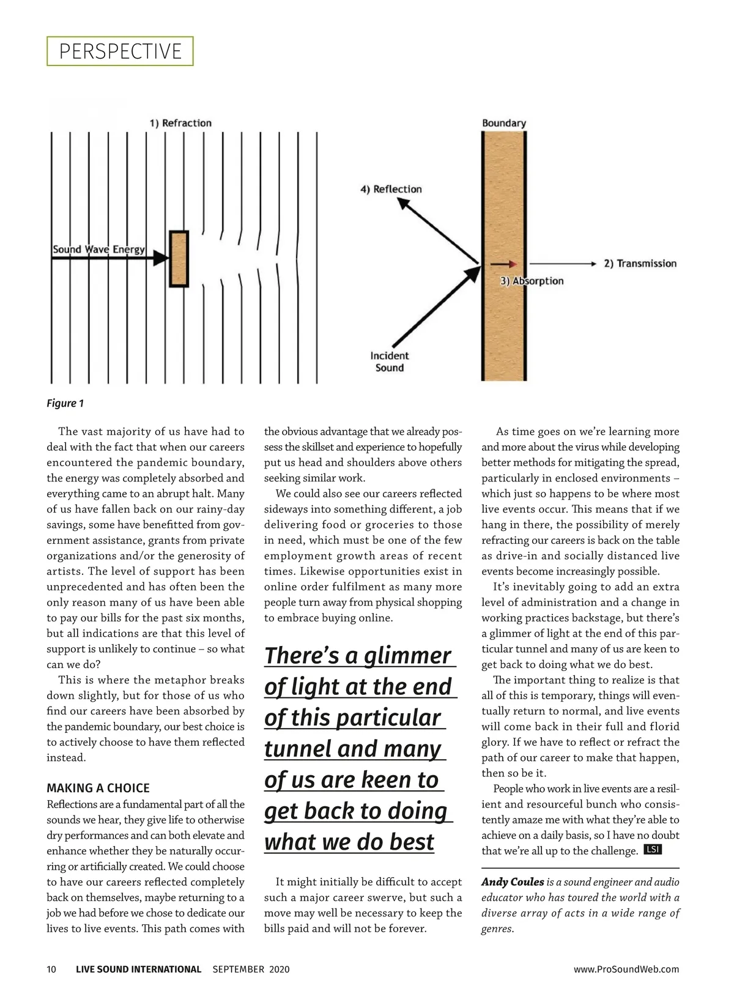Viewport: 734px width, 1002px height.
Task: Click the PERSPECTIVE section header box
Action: coord(120,51)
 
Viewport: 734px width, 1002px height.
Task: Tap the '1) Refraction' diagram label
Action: coord(180,123)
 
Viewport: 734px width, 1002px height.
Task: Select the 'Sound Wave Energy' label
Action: coord(98,249)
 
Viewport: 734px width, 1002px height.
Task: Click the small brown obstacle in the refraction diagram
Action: coord(179,259)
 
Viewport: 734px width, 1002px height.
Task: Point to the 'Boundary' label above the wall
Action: coord(503,123)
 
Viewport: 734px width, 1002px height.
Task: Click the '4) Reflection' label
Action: coord(391,189)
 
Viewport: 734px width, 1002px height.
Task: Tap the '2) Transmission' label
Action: coord(640,264)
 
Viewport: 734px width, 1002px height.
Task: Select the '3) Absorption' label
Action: coord(532,281)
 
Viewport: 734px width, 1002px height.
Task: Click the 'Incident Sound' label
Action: coord(390,362)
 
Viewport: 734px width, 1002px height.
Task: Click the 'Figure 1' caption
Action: coord(65,403)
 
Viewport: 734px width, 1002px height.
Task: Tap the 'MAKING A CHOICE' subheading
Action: coord(98,788)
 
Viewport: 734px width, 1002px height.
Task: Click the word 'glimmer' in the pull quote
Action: coord(408,656)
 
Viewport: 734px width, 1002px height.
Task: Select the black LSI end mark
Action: coord(653,850)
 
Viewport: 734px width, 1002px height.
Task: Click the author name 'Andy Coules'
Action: coord(513,881)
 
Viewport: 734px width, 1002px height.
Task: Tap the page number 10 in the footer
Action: coord(51,969)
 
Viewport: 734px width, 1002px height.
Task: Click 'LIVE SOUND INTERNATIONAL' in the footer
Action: coord(138,969)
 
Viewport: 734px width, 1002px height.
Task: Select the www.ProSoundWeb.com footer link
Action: coord(626,969)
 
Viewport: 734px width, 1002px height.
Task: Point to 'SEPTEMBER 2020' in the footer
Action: coord(251,969)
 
